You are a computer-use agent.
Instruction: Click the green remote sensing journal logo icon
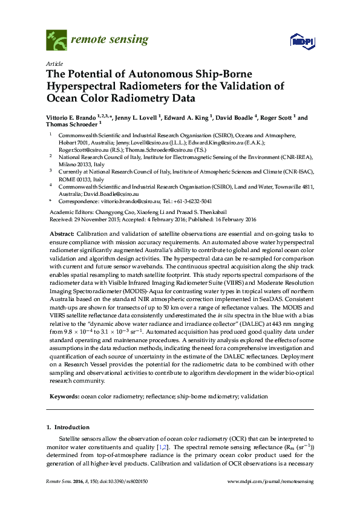point(57,41)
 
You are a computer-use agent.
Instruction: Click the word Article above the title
point(53,63)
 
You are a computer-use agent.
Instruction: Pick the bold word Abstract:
point(61,233)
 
